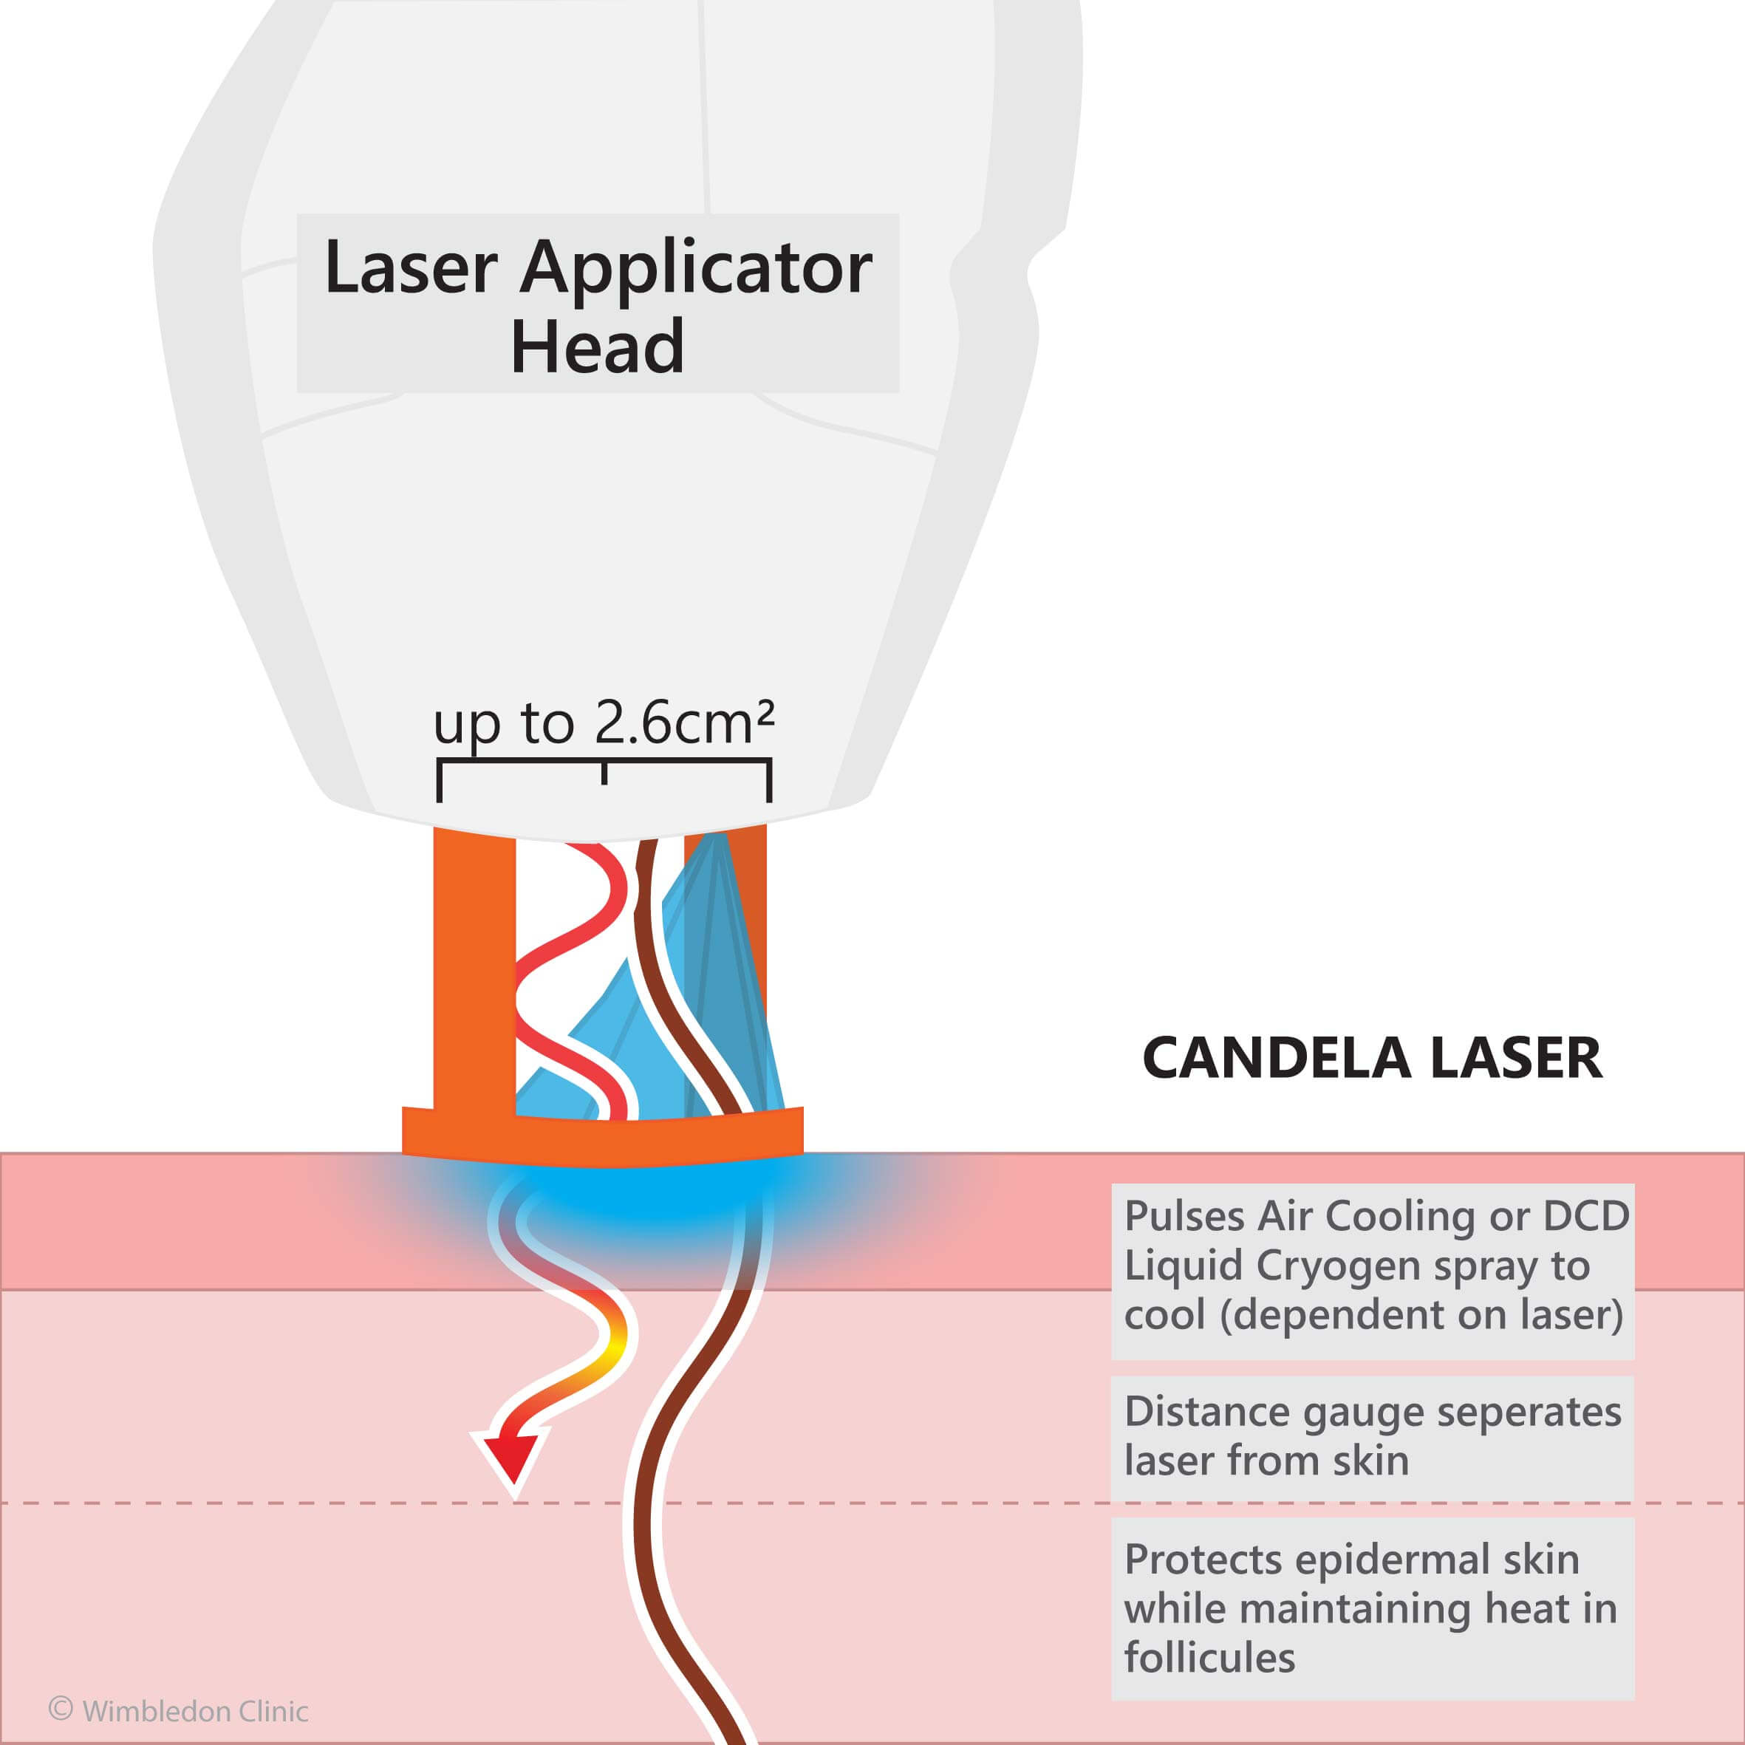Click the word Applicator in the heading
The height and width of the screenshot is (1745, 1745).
[x=697, y=267]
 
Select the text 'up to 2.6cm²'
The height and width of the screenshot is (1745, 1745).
[x=604, y=724]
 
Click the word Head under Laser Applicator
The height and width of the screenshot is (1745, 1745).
[x=597, y=346]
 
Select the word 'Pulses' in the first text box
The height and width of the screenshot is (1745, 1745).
[x=1184, y=1217]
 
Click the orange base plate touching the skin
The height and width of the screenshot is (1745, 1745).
[x=602, y=1139]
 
